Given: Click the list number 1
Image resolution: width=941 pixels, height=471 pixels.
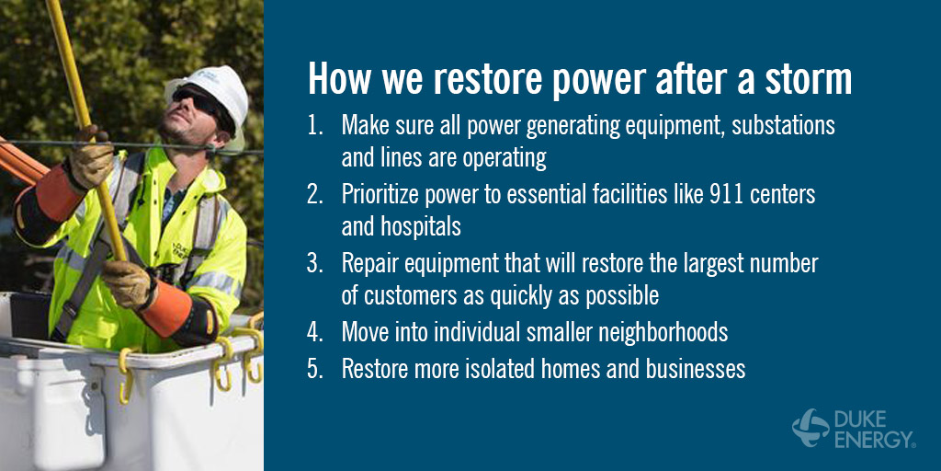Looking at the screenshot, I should pyautogui.click(x=315, y=125).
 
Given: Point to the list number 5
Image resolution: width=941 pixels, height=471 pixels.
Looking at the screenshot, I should pyautogui.click(x=315, y=370).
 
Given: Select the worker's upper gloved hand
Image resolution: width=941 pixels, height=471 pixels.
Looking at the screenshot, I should pyautogui.click(x=91, y=156).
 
